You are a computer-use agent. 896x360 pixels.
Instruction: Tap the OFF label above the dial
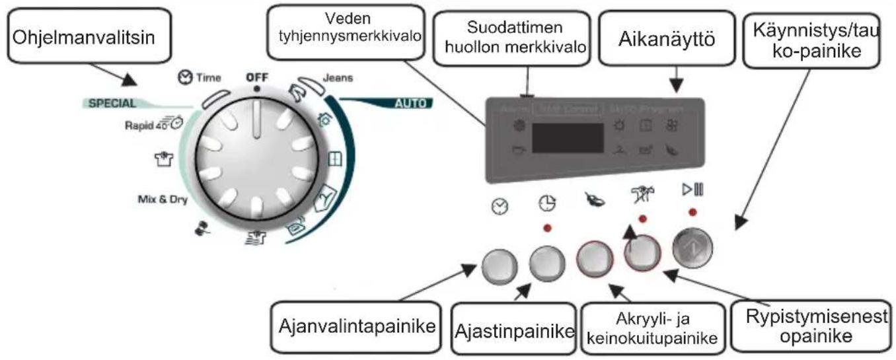coord(256,77)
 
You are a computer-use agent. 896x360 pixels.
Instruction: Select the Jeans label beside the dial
coord(338,77)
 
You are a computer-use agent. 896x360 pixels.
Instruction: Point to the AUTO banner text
coord(410,104)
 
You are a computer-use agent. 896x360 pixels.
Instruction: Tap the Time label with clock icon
coord(199,77)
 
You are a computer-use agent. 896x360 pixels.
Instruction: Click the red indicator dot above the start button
coord(692,212)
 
